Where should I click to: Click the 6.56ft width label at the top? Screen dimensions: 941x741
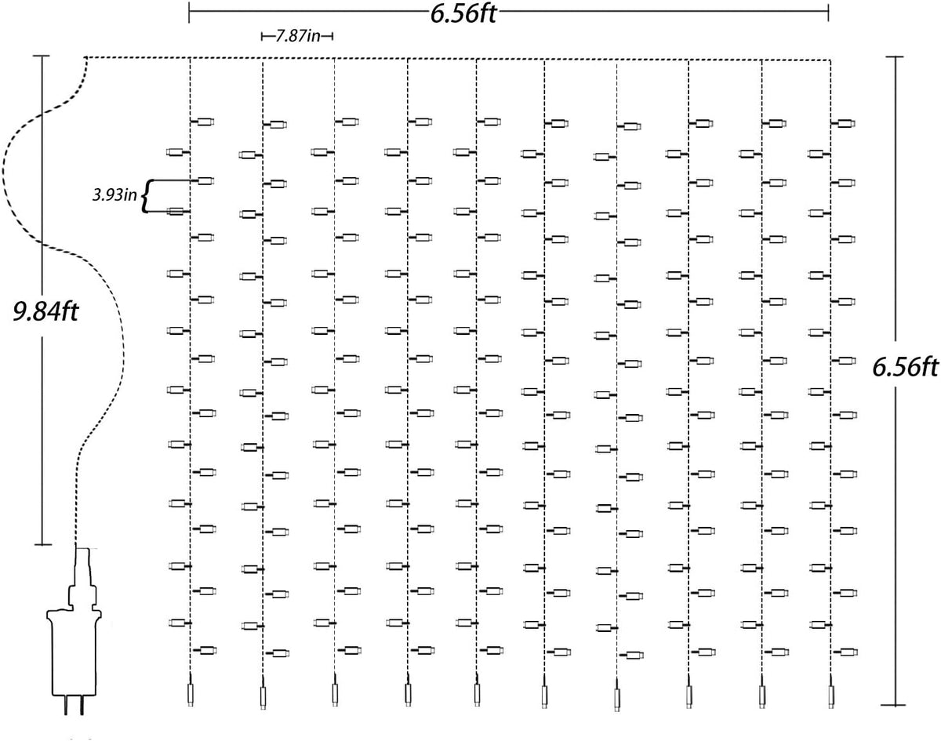tap(463, 13)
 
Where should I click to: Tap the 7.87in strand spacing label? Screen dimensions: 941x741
tap(298, 36)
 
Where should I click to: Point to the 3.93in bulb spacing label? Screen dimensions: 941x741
tap(114, 195)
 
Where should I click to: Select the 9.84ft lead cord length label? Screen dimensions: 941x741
tap(45, 312)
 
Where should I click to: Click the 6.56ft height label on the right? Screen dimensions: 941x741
tap(905, 368)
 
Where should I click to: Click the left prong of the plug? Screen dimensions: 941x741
tap(67, 717)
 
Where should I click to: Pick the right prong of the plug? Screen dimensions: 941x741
tap(82, 717)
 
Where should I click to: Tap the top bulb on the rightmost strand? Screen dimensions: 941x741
tap(843, 124)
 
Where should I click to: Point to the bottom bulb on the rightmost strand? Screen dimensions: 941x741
tap(845, 652)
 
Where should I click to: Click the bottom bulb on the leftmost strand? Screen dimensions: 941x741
tap(205, 651)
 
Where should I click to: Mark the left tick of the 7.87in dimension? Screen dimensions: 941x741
tap(261, 36)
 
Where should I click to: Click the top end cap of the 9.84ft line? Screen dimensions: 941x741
tap(42, 56)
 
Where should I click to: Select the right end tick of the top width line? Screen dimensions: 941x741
tap(828, 13)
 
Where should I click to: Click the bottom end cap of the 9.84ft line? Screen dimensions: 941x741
tap(43, 545)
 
